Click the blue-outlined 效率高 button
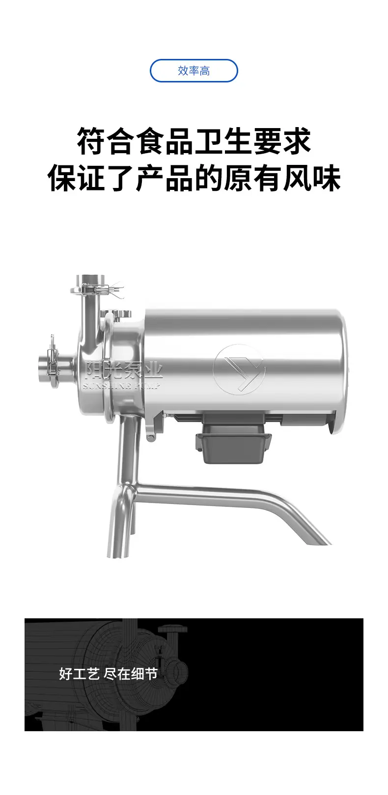[x=194, y=71]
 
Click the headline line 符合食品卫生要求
[x=194, y=142]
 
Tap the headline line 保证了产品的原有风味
[x=194, y=178]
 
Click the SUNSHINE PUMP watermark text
[x=121, y=386]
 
